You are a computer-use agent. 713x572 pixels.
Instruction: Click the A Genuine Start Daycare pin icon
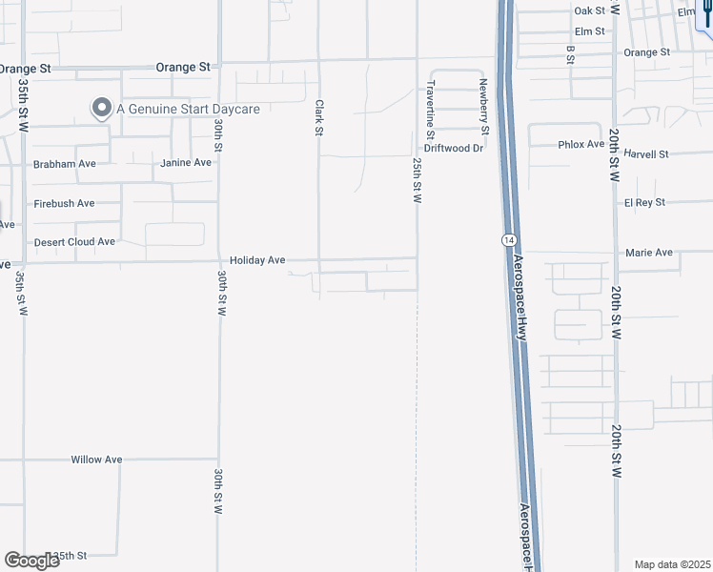101,109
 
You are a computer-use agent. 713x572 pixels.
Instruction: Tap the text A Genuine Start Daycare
188,110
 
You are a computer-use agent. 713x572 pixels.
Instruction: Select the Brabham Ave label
64,164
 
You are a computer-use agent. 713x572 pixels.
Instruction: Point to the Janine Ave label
186,163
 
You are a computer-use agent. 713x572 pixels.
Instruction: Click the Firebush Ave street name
64,203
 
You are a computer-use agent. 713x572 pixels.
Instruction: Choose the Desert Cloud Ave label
74,242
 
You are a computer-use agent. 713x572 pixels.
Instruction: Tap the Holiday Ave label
257,259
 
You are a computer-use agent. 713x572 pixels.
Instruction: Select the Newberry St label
484,107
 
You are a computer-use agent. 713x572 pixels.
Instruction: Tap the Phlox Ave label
581,145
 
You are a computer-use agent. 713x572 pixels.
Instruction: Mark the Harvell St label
646,153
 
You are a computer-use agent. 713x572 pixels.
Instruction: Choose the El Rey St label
644,203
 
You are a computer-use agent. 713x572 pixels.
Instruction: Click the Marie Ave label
649,253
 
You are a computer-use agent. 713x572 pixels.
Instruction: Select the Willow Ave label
96,460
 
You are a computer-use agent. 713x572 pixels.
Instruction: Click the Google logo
31,560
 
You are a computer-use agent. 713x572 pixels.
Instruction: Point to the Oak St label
590,10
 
